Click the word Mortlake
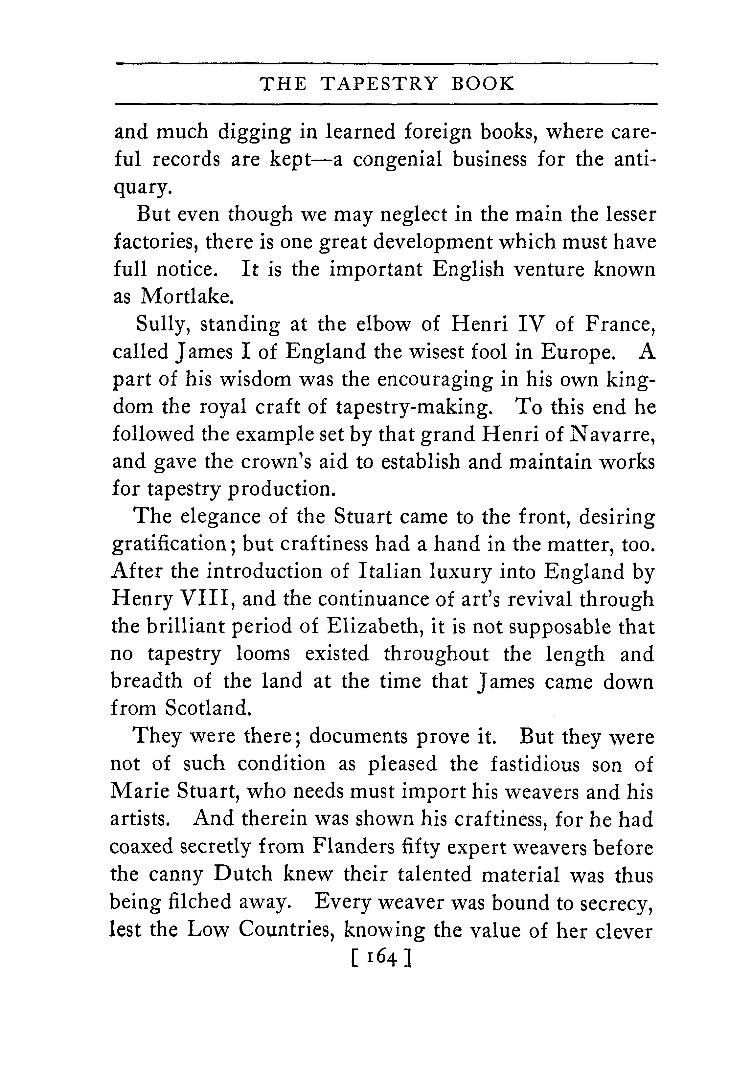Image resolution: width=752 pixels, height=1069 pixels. pyautogui.click(x=186, y=297)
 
